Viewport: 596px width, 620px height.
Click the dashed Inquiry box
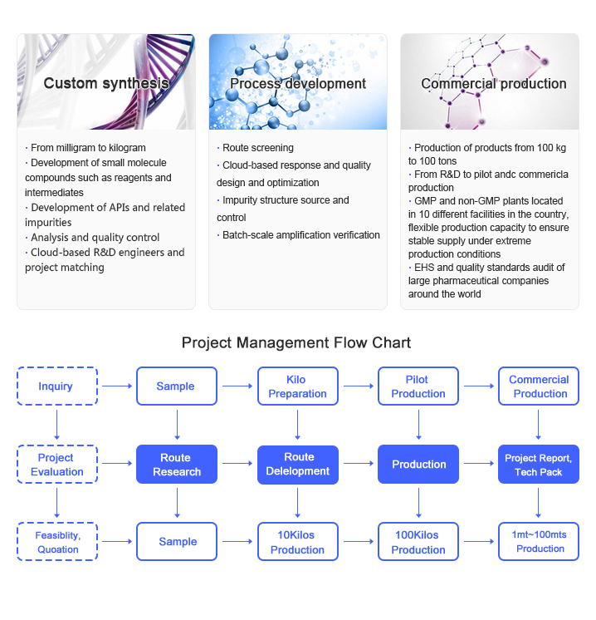coord(56,386)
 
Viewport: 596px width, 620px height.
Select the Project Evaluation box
coord(56,465)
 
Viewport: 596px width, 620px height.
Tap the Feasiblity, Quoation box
coord(56,542)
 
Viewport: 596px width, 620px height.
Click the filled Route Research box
coord(177,465)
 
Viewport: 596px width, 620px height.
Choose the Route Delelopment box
coord(298,465)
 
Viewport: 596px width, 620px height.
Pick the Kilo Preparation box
coord(298,386)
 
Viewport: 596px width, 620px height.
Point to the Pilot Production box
coord(418,386)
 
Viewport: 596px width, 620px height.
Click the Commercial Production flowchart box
coord(539,386)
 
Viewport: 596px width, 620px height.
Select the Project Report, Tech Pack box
coord(539,465)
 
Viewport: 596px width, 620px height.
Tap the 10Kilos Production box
coord(298,542)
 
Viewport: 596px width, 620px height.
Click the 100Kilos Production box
coord(418,542)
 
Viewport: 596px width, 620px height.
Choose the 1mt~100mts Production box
coord(539,542)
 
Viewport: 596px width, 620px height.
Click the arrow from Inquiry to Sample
coord(117,386)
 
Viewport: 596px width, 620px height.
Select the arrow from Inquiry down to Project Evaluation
coord(56,425)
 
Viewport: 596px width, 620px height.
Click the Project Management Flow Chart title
coord(296,342)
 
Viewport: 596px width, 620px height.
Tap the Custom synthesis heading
coord(106,83)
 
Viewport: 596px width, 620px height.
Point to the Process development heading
coord(297,83)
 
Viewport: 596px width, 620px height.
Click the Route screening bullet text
coord(257,148)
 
